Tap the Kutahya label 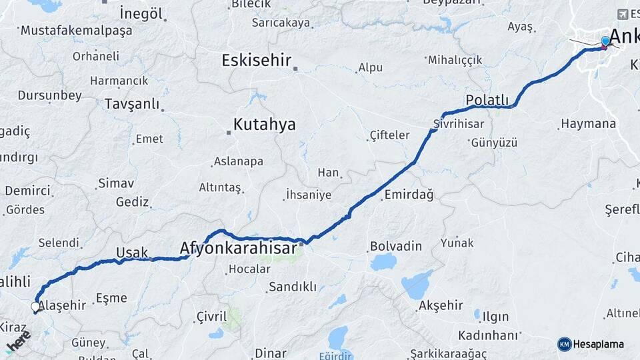(x=264, y=125)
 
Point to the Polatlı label (x=487, y=100)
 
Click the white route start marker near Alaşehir (x=35, y=307)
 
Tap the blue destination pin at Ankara (x=605, y=42)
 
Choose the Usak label (x=132, y=252)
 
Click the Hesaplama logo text (x=598, y=344)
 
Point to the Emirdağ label (x=409, y=195)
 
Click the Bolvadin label (x=396, y=246)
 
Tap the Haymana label (x=588, y=124)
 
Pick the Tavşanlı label (x=132, y=104)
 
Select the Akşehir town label (x=440, y=306)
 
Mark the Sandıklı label (x=292, y=287)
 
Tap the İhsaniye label (x=308, y=195)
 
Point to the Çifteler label (x=389, y=135)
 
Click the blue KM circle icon (x=565, y=344)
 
